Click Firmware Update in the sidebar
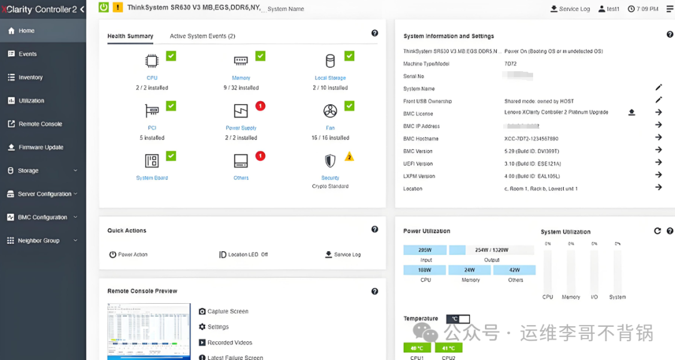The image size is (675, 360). [41, 147]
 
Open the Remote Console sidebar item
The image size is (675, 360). [40, 124]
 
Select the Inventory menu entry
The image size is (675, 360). [30, 77]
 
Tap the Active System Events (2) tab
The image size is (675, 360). [202, 36]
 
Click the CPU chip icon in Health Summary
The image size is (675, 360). [152, 61]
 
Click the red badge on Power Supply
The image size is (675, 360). [261, 106]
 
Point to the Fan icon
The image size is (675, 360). [330, 111]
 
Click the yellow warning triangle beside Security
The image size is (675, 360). [349, 156]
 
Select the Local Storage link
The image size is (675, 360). [330, 78]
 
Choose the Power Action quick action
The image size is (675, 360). [128, 254]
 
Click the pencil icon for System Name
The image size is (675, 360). [658, 87]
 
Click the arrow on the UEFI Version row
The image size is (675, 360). [658, 162]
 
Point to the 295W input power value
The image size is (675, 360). [425, 250]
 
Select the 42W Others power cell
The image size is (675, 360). [514, 270]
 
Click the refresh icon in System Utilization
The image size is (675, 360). [657, 231]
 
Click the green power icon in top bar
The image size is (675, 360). [104, 7]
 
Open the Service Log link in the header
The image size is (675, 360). [570, 9]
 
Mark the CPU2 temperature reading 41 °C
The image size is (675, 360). [448, 348]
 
